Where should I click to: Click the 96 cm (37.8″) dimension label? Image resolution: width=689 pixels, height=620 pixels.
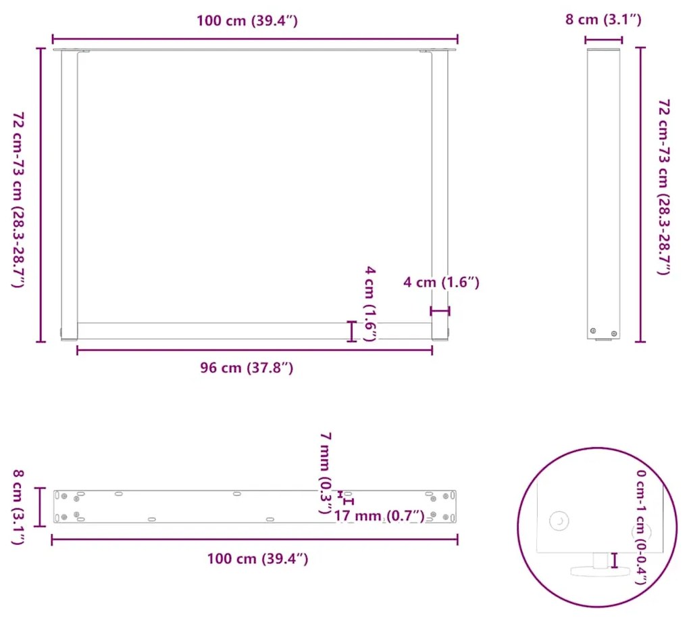pyautogui.click(x=247, y=368)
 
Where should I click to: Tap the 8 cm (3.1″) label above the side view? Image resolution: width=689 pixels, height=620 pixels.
pyautogui.click(x=603, y=20)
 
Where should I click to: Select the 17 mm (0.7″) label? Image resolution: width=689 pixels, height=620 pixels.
pyautogui.click(x=379, y=515)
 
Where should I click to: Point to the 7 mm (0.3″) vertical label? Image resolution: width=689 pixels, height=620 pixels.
pyautogui.click(x=325, y=473)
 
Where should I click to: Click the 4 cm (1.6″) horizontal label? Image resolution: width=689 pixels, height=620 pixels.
pyautogui.click(x=441, y=282)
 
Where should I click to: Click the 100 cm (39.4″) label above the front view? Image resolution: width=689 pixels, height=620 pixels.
pyautogui.click(x=247, y=21)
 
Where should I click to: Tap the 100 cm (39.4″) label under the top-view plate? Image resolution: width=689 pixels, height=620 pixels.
pyautogui.click(x=257, y=558)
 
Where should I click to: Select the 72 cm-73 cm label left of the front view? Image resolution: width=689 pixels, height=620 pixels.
pyautogui.click(x=18, y=199)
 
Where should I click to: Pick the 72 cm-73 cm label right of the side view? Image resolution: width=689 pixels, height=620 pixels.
pyautogui.click(x=663, y=187)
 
